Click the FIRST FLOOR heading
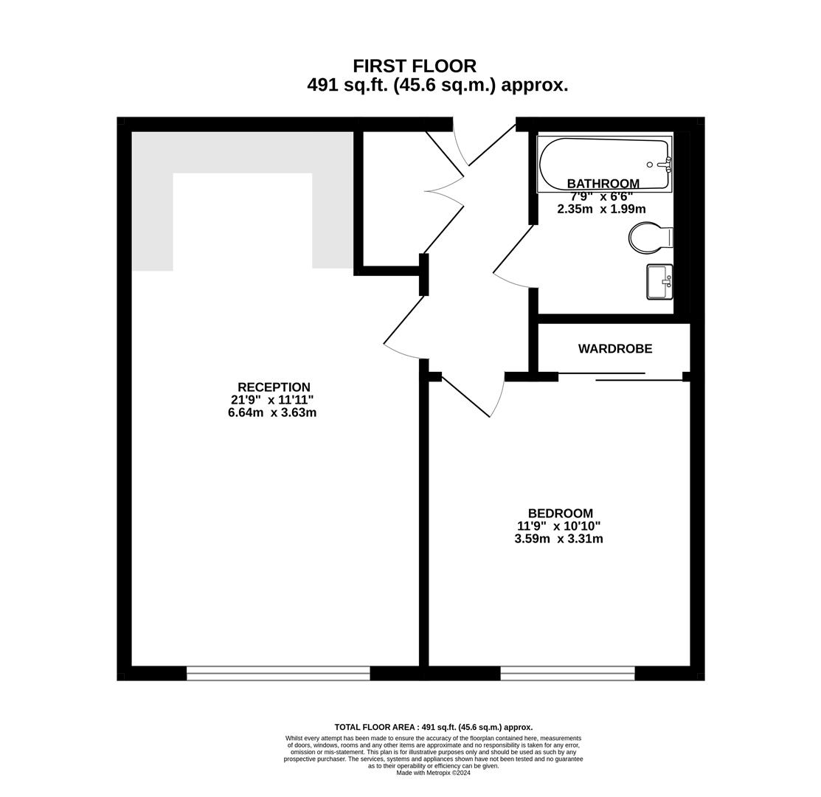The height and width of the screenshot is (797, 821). point(414,66)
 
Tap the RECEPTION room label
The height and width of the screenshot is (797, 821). point(274,387)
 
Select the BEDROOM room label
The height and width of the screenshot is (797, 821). point(561,513)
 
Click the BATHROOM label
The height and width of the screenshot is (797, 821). point(603,184)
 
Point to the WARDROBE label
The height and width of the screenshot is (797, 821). point(615,349)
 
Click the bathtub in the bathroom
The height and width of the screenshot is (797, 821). point(605,164)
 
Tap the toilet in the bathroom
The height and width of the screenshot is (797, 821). point(651,238)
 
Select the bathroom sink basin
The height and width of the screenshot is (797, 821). point(659,282)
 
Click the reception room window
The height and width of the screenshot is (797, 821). point(278,673)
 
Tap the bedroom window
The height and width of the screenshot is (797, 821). point(567,673)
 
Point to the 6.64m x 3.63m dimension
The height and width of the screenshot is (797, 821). point(272,413)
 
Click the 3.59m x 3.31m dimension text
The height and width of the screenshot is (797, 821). point(558,539)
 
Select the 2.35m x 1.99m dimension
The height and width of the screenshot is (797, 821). point(601,209)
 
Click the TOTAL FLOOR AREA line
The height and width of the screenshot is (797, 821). point(434,727)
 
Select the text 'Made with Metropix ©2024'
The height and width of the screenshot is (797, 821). point(434,773)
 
